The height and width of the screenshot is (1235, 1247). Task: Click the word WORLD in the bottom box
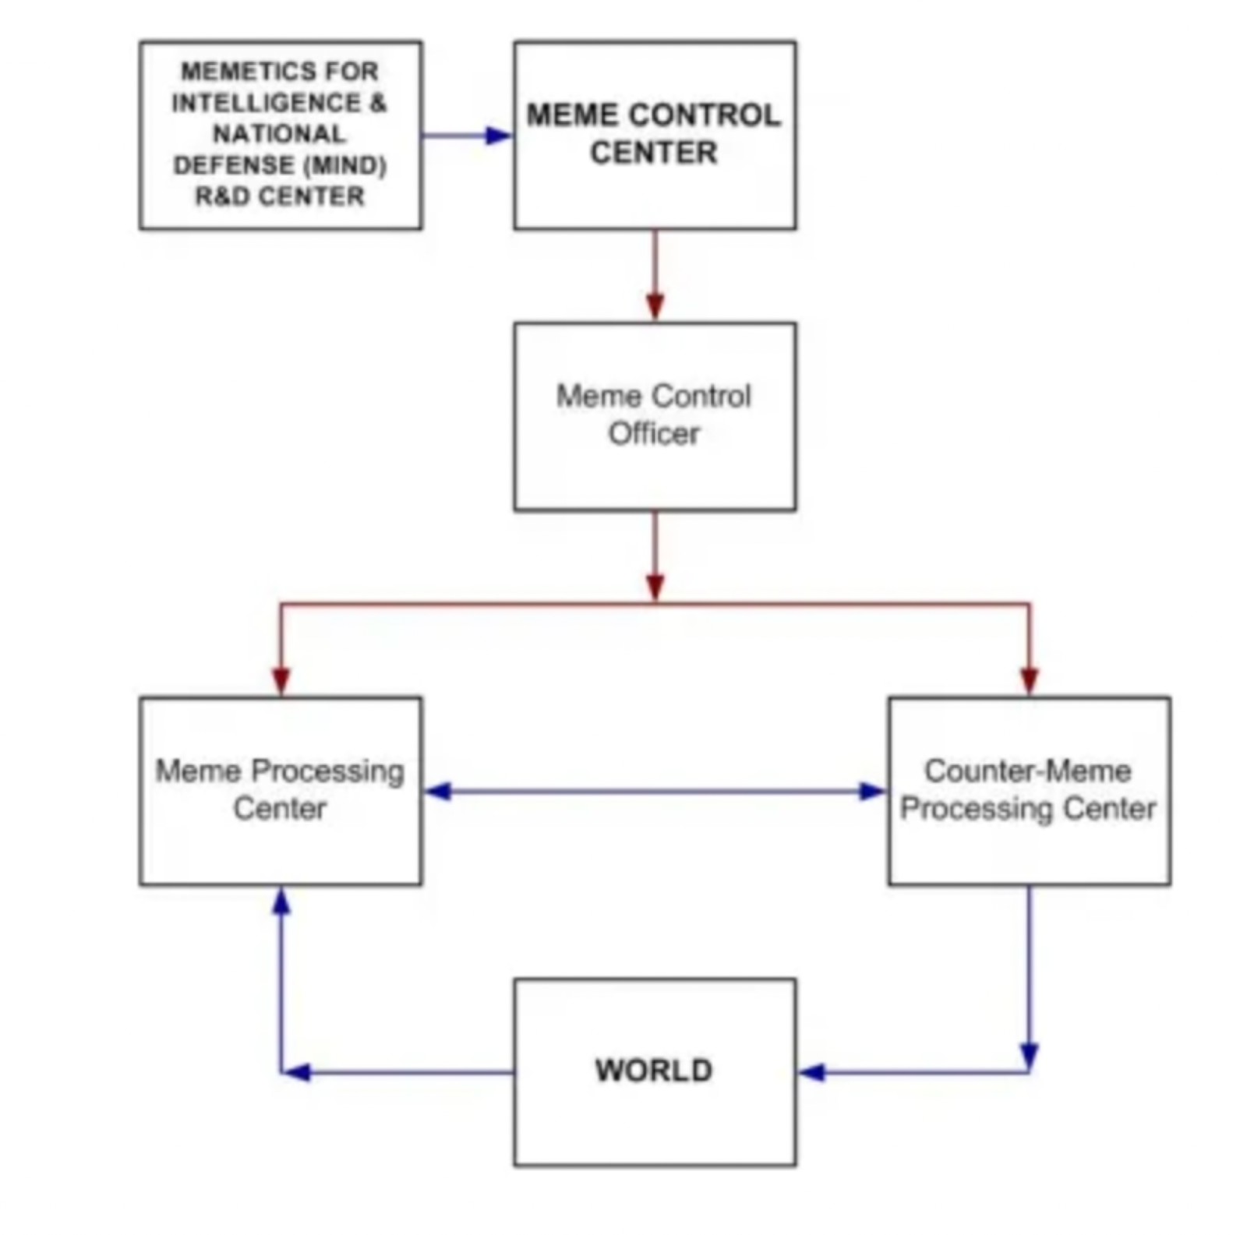(653, 1070)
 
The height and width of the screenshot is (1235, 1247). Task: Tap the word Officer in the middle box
(653, 433)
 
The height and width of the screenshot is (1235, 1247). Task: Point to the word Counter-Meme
(1027, 771)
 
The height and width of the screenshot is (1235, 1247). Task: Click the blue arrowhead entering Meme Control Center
(497, 136)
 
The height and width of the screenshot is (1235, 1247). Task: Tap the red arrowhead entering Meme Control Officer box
(655, 305)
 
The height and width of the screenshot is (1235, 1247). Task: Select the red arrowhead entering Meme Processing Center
(281, 679)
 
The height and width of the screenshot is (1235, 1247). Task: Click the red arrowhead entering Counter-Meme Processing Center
(1029, 679)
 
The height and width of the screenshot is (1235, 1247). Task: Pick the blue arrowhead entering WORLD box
(812, 1072)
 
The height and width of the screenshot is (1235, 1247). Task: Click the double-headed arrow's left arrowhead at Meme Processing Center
(438, 792)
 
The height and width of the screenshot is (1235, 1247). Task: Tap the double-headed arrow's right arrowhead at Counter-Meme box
(871, 792)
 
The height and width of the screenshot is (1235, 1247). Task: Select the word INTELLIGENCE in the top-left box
(266, 103)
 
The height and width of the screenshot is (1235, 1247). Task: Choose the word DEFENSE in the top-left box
(233, 165)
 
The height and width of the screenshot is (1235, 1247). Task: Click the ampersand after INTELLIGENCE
(378, 103)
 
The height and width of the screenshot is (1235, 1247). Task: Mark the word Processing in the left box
(328, 771)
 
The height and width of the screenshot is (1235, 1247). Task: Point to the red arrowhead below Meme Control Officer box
(655, 586)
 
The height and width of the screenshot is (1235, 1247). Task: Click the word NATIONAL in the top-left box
(279, 134)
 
